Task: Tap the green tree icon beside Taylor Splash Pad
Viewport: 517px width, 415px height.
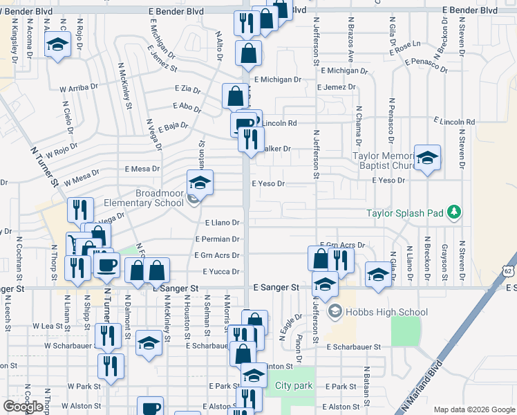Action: point(453,210)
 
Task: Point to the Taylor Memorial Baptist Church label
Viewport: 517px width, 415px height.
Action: point(382,161)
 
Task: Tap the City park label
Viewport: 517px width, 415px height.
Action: point(294,385)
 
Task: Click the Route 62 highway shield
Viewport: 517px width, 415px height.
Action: point(509,270)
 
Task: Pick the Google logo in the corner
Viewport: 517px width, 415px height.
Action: point(23,407)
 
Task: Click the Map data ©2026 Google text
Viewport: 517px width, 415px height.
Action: point(473,409)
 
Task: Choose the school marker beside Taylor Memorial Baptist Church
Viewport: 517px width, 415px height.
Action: point(427,158)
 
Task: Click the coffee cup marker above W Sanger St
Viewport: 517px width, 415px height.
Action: point(107,264)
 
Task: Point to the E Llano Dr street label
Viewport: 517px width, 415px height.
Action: point(223,223)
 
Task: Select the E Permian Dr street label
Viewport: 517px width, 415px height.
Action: point(217,239)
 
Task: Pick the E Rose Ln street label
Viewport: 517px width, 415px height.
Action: point(404,46)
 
